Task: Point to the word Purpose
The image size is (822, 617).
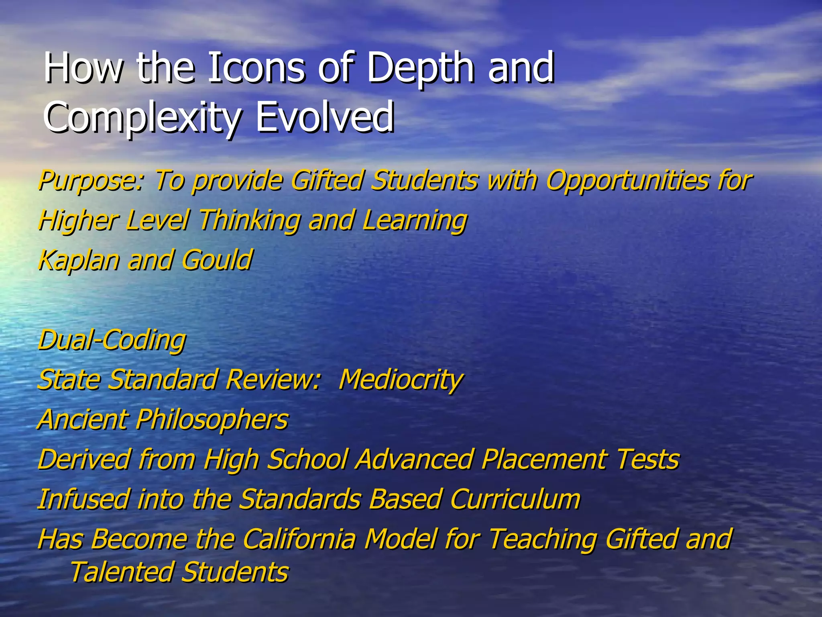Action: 90,181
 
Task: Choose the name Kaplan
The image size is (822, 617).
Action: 79,260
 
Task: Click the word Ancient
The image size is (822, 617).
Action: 83,419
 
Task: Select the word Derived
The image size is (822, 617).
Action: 84,459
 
